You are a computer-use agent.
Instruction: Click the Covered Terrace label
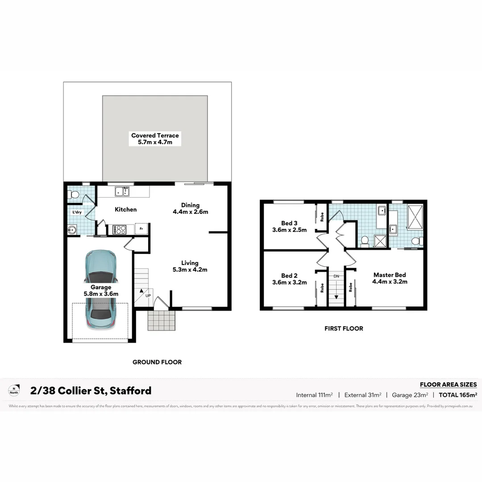pyautogui.click(x=155, y=139)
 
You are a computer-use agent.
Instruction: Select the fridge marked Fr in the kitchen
pyautogui.click(x=141, y=229)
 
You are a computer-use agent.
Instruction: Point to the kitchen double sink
pyautogui.click(x=121, y=192)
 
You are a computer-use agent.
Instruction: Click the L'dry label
pyautogui.click(x=77, y=212)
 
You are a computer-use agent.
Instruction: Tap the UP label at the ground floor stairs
pyautogui.click(x=148, y=296)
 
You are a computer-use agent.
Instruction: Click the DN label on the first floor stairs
pyautogui.click(x=337, y=276)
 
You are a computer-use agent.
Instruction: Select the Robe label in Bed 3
pyautogui.click(x=322, y=216)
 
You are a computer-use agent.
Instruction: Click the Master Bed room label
pyautogui.click(x=390, y=278)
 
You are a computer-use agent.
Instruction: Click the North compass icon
pyautogui.click(x=14, y=391)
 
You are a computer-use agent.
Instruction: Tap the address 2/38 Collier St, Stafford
pyautogui.click(x=91, y=391)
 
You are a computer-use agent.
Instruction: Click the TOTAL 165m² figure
pyautogui.click(x=458, y=395)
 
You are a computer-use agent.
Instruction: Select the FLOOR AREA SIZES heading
pyautogui.click(x=448, y=385)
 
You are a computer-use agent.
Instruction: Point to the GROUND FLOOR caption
pyautogui.click(x=157, y=362)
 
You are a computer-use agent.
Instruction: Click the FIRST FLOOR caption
pyautogui.click(x=344, y=328)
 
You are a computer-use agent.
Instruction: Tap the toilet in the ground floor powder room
pyautogui.click(x=73, y=195)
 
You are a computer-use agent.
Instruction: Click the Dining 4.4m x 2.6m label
pyautogui.click(x=191, y=208)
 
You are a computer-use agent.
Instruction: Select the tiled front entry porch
pyautogui.click(x=162, y=320)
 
